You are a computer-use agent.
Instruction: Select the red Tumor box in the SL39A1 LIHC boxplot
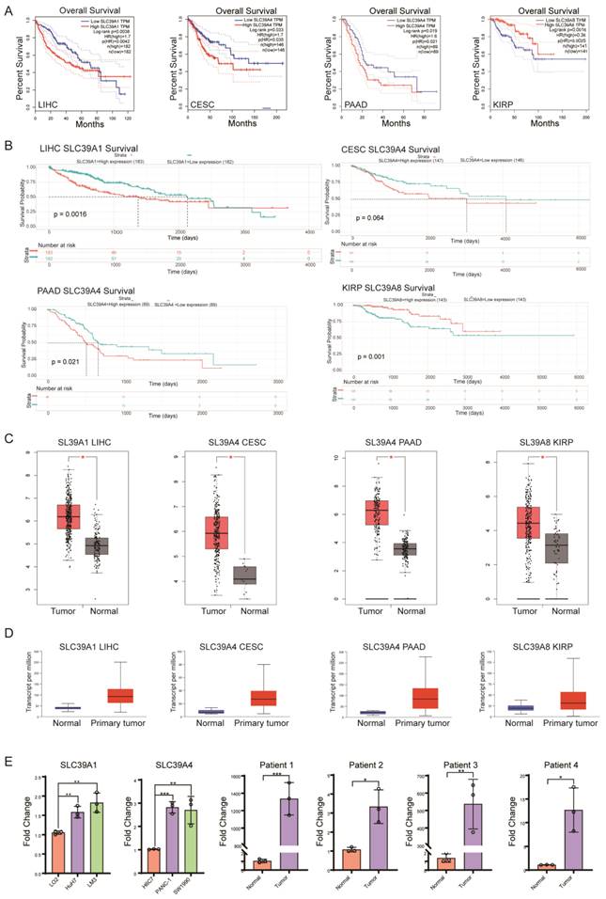coord(69,516)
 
